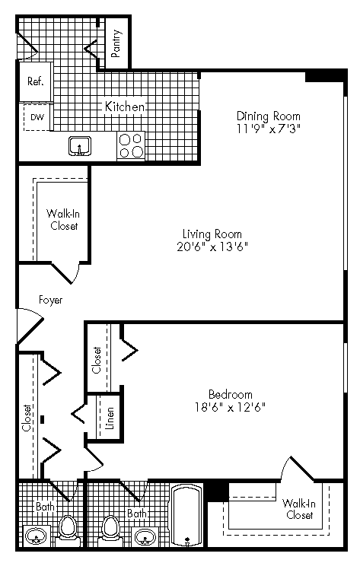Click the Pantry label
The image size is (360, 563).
(116, 43)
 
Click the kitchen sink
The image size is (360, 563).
(78, 145)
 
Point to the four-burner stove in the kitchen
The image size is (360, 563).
(131, 145)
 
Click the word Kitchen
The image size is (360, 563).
(124, 107)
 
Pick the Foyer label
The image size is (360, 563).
(50, 300)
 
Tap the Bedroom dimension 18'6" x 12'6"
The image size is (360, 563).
(230, 407)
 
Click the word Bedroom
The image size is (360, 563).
(230, 394)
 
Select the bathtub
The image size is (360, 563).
(186, 517)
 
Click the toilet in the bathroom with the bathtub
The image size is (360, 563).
(111, 526)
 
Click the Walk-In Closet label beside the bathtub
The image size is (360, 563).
(297, 509)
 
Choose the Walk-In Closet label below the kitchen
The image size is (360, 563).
(62, 220)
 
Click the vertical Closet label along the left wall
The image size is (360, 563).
(27, 418)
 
